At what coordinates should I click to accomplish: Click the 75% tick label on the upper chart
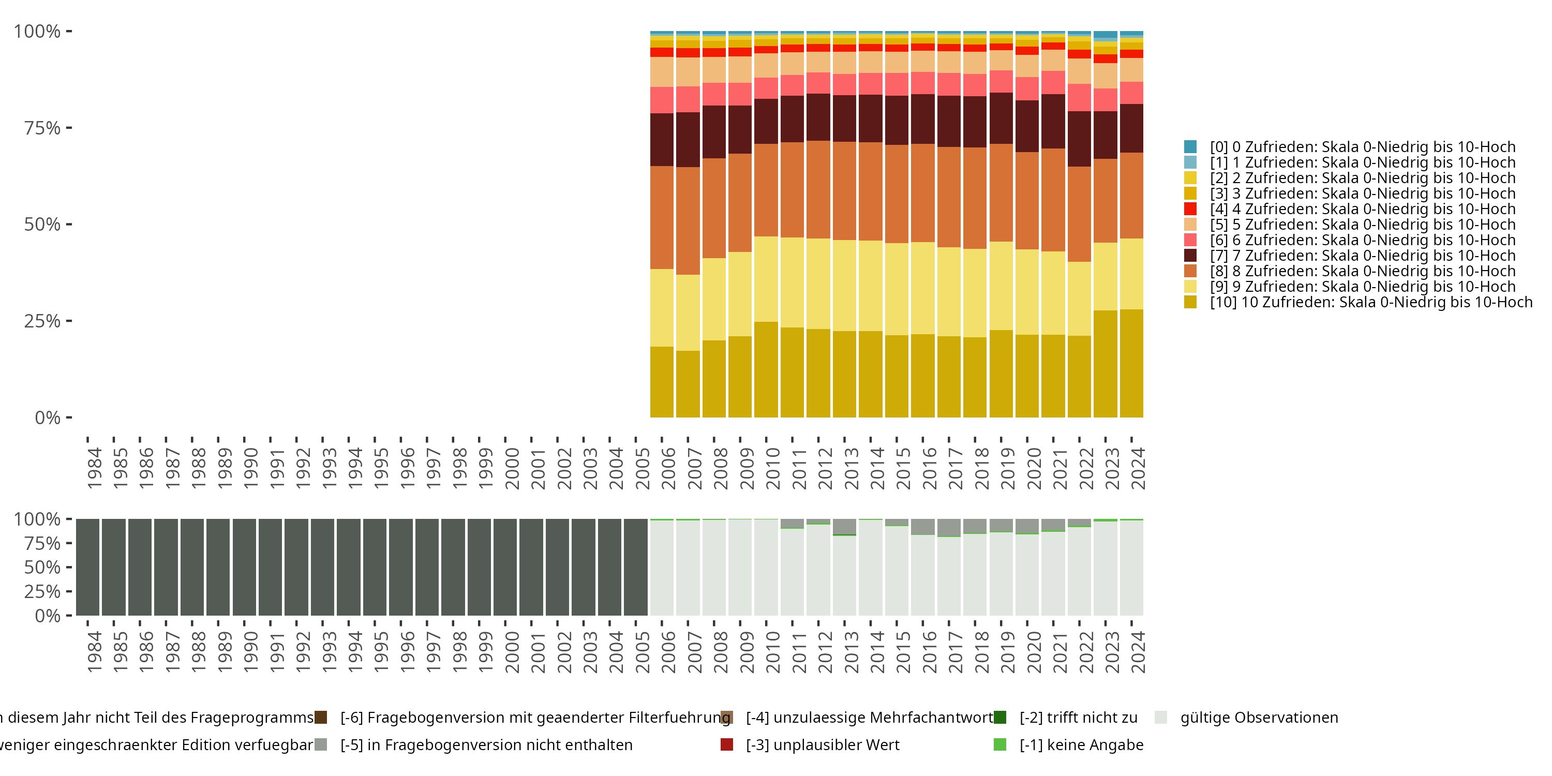click(42, 128)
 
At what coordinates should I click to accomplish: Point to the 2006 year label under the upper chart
click(669, 469)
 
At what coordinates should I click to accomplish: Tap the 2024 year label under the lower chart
click(1138, 652)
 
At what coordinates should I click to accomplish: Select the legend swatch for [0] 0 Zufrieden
click(1190, 146)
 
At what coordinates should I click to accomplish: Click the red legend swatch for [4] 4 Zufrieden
click(1190, 209)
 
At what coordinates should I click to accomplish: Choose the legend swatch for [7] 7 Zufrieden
click(1190, 256)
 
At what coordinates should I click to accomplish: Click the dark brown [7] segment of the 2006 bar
click(662, 140)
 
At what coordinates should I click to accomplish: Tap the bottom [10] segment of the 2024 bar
click(1131, 363)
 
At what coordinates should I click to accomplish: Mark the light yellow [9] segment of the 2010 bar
click(766, 279)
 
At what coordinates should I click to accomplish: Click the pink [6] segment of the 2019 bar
click(1001, 81)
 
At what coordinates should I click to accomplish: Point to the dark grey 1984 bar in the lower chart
click(87, 567)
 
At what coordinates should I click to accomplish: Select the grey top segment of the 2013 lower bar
click(844, 526)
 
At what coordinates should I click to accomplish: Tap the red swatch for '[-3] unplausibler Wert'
click(727, 744)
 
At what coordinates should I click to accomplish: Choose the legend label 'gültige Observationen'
click(1259, 718)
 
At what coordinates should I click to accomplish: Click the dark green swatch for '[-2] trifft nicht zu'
click(999, 718)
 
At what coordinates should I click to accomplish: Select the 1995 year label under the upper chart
click(381, 469)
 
